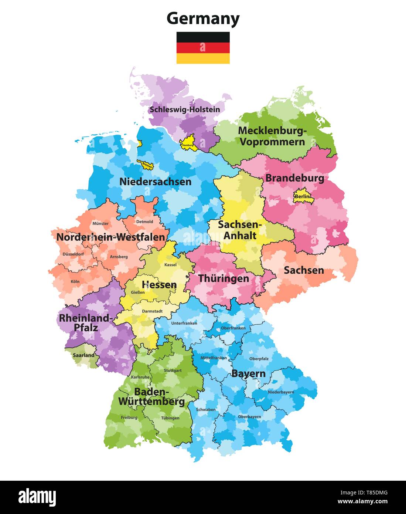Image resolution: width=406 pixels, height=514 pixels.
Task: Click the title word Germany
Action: pos(203,18)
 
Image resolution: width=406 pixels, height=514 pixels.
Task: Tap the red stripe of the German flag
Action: pos(203,48)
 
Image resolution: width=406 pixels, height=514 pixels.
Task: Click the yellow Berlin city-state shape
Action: pos(303,196)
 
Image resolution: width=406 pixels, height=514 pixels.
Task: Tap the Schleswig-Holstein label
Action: pos(184,109)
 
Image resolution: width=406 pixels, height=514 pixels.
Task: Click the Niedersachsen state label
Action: pos(155,182)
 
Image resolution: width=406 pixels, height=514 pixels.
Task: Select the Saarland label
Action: pos(83,355)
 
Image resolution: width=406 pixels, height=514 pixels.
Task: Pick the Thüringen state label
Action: pos(224,278)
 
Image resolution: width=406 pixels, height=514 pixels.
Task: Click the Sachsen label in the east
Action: pos(304,270)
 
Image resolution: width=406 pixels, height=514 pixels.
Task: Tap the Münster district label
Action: pos(100,223)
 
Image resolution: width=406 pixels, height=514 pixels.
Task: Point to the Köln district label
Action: pos(75,281)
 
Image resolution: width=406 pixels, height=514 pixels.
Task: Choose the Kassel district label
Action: pos(170,265)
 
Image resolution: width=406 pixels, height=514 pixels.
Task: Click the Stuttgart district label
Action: pos(173,370)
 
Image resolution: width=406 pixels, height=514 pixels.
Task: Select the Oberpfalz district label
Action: pos(259,359)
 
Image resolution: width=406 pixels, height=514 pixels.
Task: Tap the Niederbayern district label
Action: pos(281,392)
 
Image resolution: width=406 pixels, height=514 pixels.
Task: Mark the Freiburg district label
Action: pos(129,417)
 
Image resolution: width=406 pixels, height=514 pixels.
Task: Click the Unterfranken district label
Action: pos(184,323)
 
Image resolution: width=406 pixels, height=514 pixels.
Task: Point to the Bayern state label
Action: pos(248,374)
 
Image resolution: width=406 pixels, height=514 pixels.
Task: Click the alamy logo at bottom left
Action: pos(37,497)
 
